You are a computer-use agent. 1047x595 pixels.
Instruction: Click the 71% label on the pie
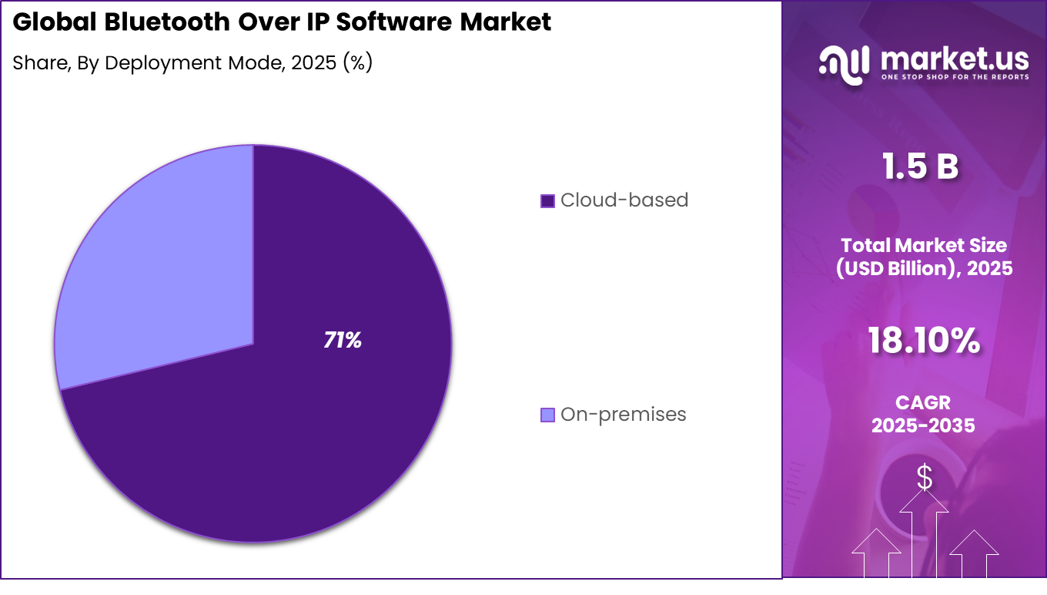pyautogui.click(x=343, y=340)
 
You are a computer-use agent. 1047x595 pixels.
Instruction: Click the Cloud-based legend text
pyautogui.click(x=624, y=200)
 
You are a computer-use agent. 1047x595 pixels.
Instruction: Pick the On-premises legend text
pyautogui.click(x=623, y=415)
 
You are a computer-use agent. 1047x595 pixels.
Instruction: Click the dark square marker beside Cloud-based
pyautogui.click(x=547, y=201)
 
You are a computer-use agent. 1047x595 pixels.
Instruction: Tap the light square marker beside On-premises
pyautogui.click(x=547, y=415)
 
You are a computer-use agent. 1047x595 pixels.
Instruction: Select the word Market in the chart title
pyautogui.click(x=505, y=22)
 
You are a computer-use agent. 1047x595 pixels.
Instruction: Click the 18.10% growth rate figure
pyautogui.click(x=923, y=340)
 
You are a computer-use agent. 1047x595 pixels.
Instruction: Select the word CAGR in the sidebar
pyautogui.click(x=923, y=402)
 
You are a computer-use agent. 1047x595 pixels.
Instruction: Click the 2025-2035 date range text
pyautogui.click(x=923, y=425)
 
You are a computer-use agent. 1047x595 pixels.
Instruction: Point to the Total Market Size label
pyautogui.click(x=923, y=246)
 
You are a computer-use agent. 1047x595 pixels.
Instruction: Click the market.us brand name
pyautogui.click(x=955, y=57)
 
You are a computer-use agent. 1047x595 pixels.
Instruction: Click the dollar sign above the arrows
pyautogui.click(x=924, y=479)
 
